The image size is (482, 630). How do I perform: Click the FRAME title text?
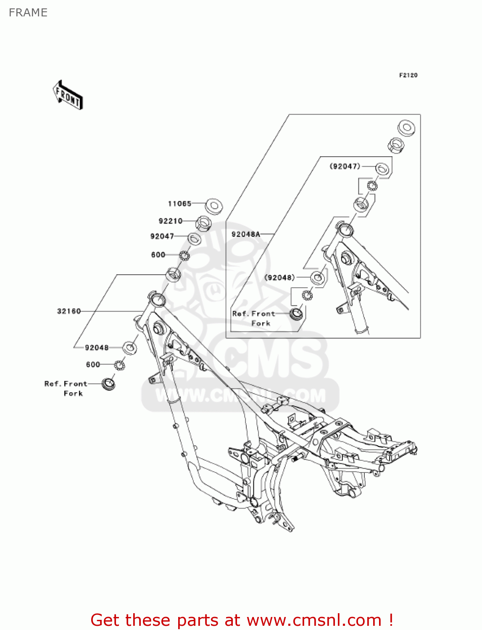[x=28, y=13]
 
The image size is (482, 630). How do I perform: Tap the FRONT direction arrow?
[x=68, y=95]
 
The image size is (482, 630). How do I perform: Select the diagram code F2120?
[x=408, y=75]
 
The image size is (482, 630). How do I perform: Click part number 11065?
[x=179, y=204]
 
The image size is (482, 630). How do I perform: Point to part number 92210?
[x=171, y=221]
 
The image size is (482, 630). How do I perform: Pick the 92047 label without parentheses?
[x=162, y=236]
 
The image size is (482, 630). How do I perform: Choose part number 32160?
[x=69, y=311]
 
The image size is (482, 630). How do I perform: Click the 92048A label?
[x=246, y=234]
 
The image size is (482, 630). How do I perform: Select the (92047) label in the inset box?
[x=345, y=166]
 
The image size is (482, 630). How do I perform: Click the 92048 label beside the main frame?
[x=97, y=348]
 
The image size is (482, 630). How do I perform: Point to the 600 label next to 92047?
[x=158, y=255]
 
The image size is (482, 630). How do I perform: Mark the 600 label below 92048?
[x=93, y=365]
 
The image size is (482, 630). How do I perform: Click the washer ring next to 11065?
[x=214, y=206]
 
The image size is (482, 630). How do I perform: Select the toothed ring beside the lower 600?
[x=119, y=365]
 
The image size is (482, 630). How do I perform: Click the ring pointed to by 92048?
[x=130, y=348]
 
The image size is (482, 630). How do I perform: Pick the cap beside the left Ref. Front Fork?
[x=108, y=384]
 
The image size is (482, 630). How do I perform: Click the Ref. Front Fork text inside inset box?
[x=253, y=318]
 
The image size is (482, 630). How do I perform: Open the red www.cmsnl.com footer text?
[x=242, y=620]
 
